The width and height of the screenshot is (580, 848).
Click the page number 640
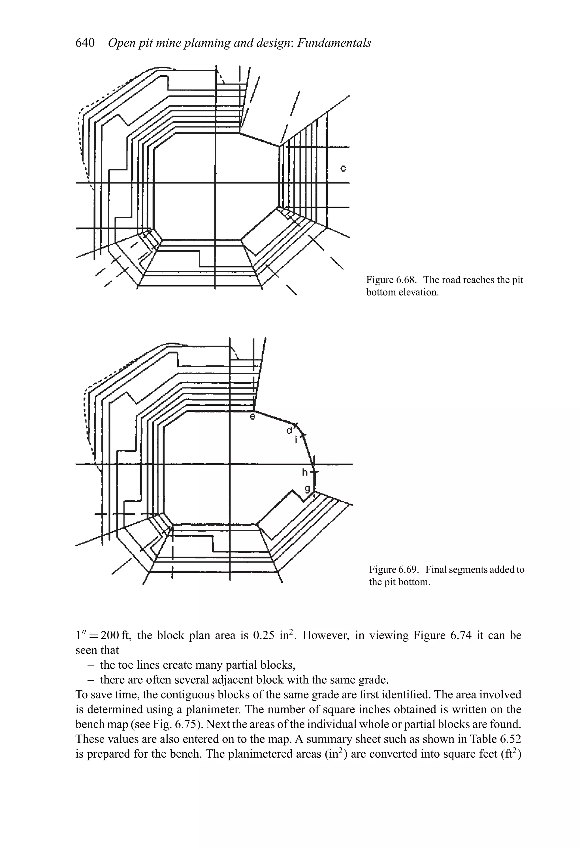coord(85,43)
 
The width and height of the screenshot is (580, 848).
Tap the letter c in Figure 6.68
coord(343,168)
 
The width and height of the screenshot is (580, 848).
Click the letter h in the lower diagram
coord(305,473)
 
